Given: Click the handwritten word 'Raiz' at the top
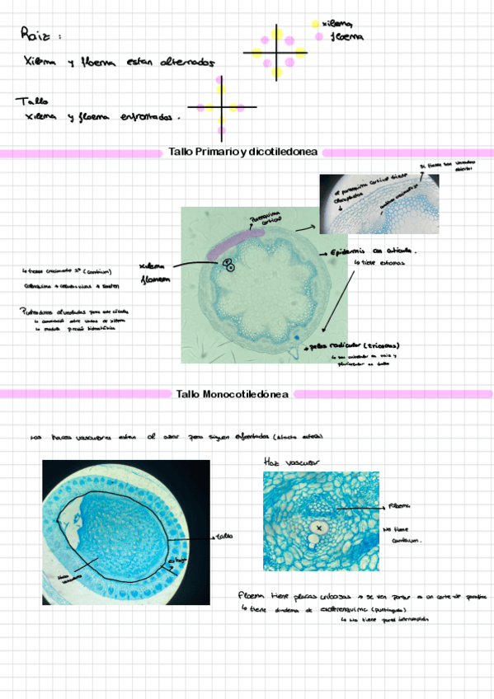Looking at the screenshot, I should (x=38, y=35).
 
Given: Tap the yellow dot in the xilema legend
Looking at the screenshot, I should (x=316, y=25).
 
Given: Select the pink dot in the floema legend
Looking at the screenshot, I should (x=320, y=37).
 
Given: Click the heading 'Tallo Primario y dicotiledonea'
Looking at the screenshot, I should (x=243, y=152).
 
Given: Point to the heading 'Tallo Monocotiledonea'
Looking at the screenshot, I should (x=233, y=395).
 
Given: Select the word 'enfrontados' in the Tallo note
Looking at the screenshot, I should (x=149, y=118).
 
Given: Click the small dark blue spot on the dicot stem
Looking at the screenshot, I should (x=294, y=337).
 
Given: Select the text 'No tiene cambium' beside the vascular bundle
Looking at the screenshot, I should (x=403, y=536).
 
